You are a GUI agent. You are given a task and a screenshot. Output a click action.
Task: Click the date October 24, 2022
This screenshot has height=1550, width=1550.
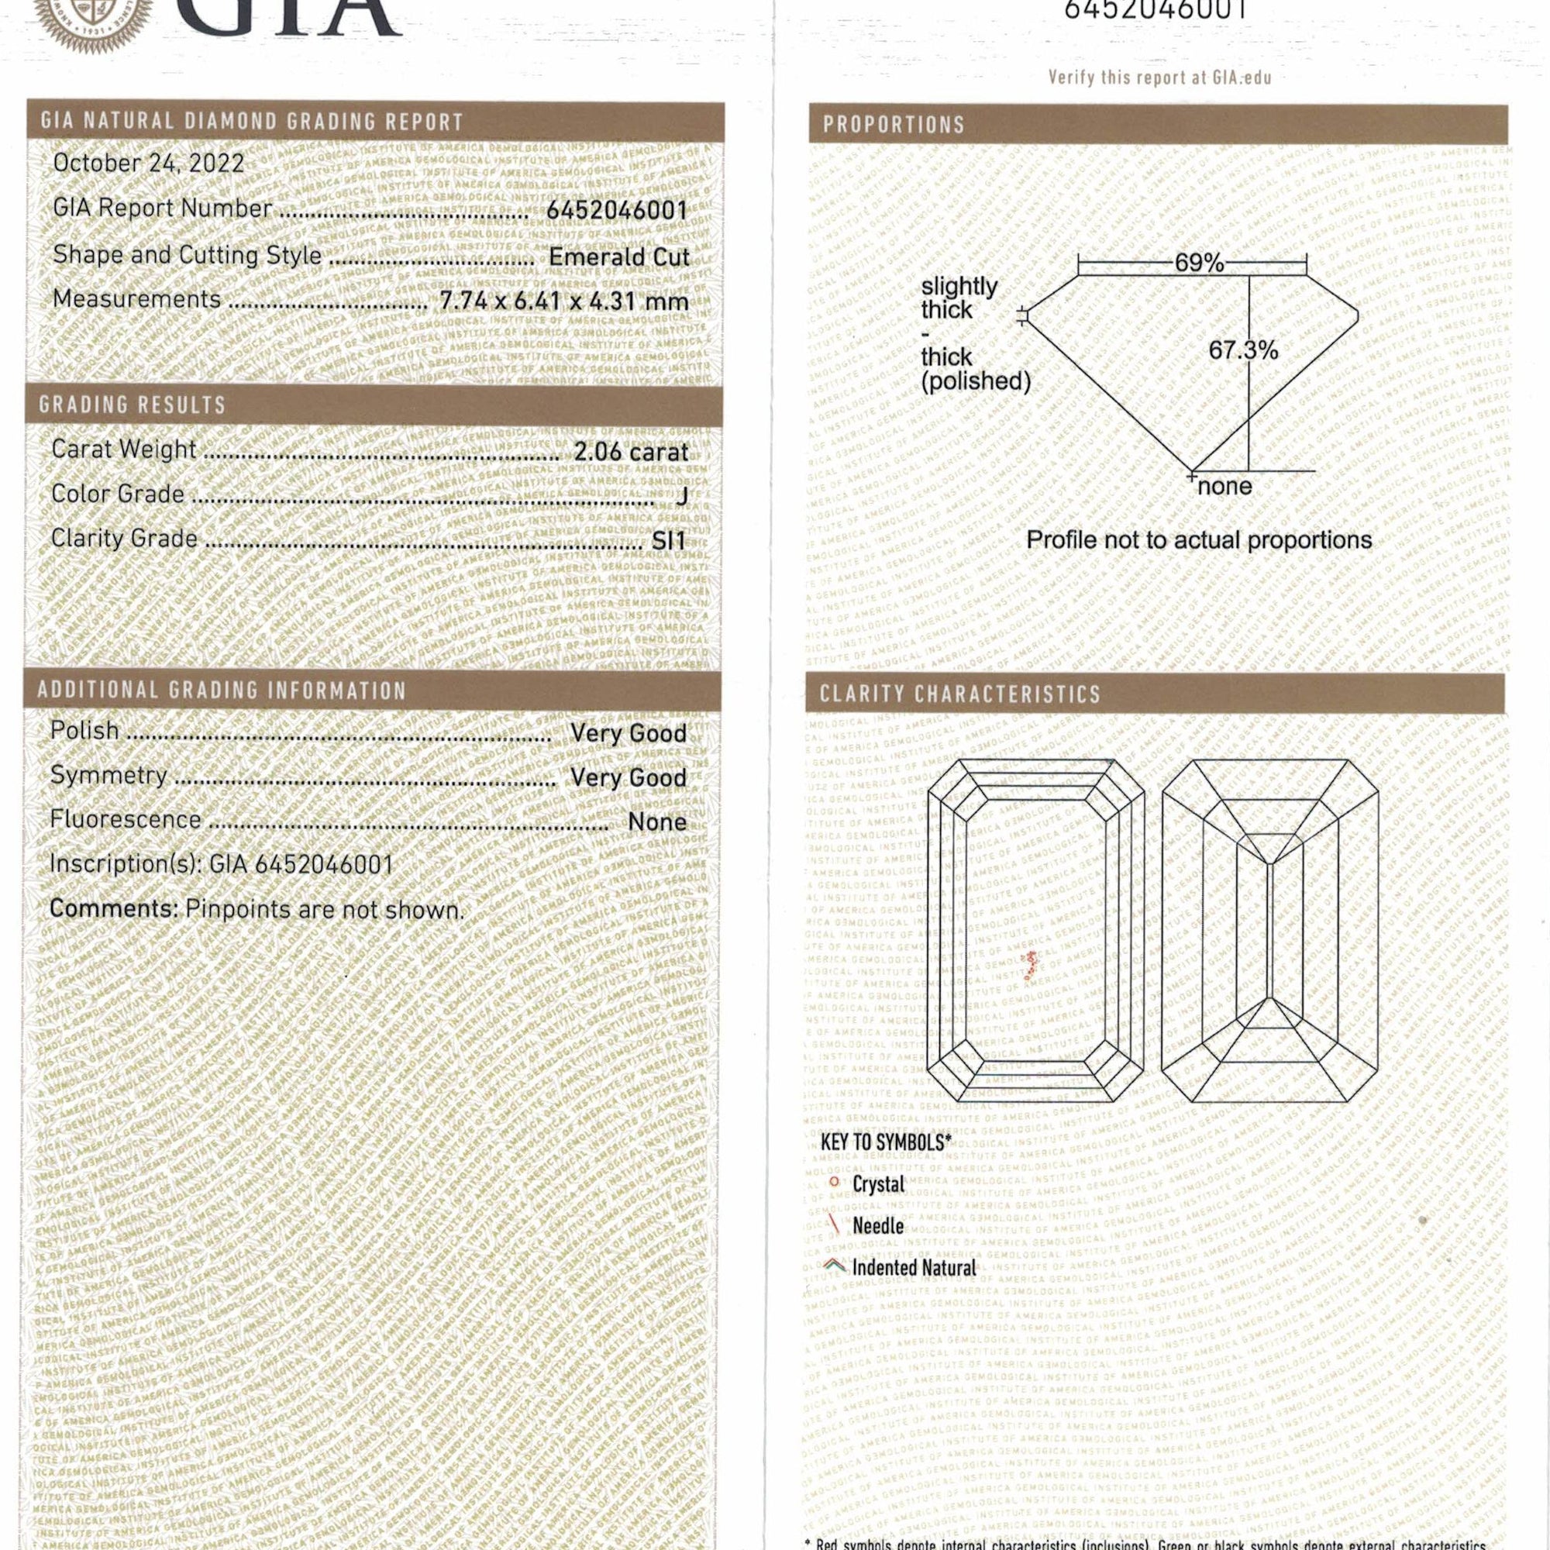[x=149, y=163]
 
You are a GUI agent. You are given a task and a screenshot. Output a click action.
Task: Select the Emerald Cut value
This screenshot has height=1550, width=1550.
[x=618, y=257]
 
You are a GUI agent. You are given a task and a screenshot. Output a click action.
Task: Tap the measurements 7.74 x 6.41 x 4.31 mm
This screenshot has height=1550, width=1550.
[x=564, y=301]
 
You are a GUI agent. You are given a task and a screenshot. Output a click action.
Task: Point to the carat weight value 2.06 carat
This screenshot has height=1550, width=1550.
[x=631, y=452]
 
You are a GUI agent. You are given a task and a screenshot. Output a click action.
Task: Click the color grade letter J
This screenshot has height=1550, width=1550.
[x=682, y=496]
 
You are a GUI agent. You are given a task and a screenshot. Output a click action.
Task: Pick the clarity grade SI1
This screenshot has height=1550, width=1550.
[x=668, y=541]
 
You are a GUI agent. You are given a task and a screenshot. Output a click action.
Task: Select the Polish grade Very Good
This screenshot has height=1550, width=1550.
[x=629, y=732]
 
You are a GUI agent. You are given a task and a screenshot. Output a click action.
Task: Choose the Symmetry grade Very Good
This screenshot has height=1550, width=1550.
[x=629, y=777]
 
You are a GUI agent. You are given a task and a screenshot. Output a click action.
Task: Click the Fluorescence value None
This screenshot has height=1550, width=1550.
[x=657, y=821]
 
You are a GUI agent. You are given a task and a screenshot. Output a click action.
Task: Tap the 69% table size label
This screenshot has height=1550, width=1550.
[x=1199, y=263]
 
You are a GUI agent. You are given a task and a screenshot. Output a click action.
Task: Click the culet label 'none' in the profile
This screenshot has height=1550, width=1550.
[x=1224, y=486]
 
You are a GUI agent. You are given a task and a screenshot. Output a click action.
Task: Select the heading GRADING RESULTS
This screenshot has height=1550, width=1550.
[x=133, y=405]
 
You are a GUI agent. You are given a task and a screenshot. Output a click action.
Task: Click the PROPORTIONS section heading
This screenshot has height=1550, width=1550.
[x=893, y=124]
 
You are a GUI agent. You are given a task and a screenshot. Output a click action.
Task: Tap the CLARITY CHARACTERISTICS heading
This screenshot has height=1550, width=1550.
[x=959, y=694]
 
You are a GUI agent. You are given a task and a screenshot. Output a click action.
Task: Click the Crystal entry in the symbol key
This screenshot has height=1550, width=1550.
[x=878, y=1184]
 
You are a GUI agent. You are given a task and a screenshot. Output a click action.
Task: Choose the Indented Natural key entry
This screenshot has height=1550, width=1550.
[x=913, y=1268]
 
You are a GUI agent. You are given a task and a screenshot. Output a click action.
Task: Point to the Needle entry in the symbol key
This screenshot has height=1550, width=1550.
[x=878, y=1226]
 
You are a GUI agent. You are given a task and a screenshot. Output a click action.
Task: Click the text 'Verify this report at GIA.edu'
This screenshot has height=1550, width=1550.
[x=1159, y=77]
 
